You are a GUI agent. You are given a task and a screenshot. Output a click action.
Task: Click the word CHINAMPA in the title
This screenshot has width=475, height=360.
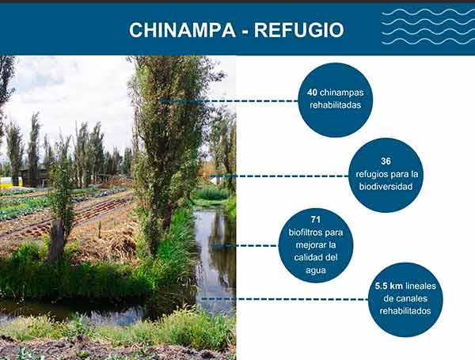coord(182,30)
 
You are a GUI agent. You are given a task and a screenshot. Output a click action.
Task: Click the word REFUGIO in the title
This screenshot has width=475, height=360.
coord(298,30)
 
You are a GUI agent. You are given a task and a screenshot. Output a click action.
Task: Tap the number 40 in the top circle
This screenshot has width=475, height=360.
coord(312,93)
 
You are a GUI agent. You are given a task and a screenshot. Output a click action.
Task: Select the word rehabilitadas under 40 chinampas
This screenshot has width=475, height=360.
coord(336,105)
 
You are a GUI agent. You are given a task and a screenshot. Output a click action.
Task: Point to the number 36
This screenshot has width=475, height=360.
coord(386,161)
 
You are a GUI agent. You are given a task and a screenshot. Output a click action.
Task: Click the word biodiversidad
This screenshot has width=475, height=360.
coord(386,187)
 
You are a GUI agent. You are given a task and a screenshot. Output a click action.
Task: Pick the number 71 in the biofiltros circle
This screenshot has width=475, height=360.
coord(316,219)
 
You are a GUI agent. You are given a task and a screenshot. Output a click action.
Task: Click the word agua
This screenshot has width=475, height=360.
coord(316,271)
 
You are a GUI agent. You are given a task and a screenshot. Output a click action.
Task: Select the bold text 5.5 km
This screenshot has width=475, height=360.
coord(389,286)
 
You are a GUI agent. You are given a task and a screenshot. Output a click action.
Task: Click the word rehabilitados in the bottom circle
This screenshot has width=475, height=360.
coord(405,311)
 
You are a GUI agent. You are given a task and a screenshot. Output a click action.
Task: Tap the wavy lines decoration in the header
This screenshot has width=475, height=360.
coord(427,26)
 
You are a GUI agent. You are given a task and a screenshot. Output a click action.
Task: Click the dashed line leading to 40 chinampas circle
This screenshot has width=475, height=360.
coord(229,100)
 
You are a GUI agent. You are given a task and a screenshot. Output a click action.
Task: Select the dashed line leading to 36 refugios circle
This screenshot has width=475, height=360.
coord(279,176)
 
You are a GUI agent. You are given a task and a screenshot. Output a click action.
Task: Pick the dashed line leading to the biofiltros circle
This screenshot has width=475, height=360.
coord(244,245)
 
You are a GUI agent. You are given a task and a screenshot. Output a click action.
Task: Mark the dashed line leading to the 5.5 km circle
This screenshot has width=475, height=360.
coord(285,299)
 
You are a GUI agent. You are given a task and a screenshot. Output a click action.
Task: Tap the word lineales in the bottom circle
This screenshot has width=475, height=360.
coord(421,286)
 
